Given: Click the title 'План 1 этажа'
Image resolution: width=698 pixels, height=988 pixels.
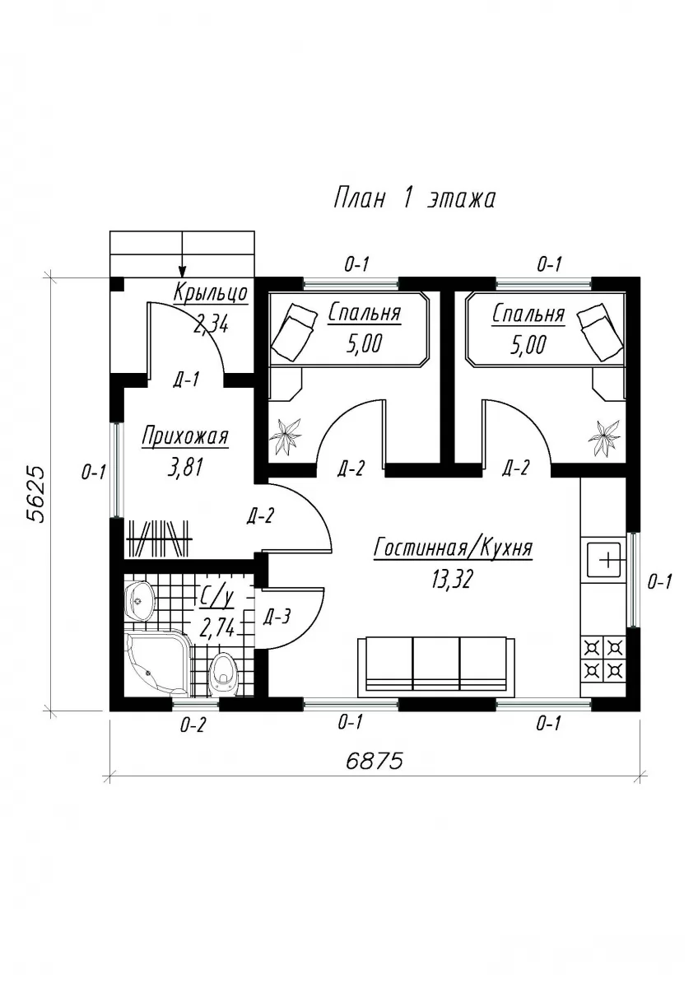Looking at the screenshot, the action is pos(414,198).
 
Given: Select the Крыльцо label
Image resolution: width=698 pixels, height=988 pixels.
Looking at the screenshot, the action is pos(211,293).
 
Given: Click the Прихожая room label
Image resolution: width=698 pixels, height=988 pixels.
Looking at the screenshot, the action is pos(184,437).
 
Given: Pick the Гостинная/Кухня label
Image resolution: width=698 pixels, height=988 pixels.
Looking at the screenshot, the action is pos(454,548).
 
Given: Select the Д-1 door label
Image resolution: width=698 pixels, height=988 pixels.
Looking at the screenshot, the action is pos(186,380).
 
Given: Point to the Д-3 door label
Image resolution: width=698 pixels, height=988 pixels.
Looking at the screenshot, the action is pos(277,617).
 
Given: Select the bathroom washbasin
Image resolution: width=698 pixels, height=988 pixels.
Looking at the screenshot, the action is pos(139,601).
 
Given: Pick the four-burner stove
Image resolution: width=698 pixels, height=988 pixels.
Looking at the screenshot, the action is pos(603,659).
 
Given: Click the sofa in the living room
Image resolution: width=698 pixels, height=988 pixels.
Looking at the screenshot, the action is pos(436,664).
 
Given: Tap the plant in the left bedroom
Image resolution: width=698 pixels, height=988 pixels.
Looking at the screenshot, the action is pos(286,436).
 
